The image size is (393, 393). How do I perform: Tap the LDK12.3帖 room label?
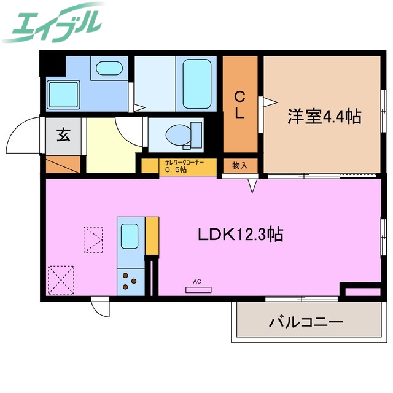[240, 234]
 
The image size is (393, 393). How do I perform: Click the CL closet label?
[240, 104]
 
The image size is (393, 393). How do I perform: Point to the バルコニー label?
[305, 321]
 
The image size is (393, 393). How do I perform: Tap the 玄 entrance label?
[63, 134]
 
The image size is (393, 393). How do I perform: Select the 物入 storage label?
[240, 165]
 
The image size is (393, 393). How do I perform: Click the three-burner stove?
[130, 281]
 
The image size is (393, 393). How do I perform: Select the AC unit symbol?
[197, 289]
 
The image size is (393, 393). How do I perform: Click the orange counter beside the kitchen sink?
[152, 235]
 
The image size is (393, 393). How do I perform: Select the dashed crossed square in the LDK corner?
[60, 279]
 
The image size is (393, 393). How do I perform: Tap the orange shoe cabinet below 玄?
[63, 164]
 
